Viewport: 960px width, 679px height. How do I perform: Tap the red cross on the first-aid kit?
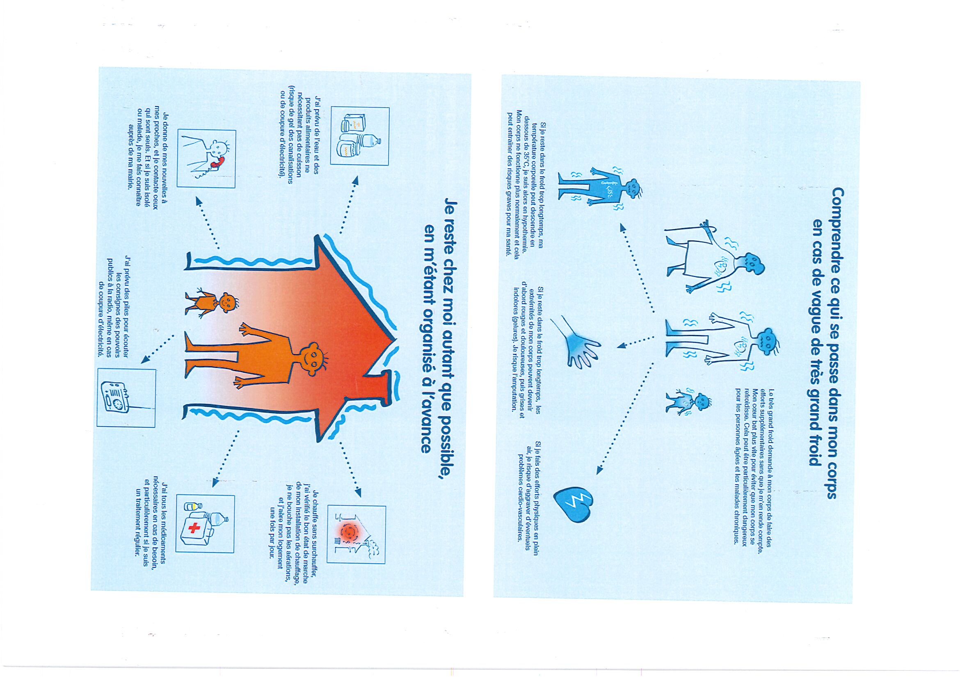tap(194, 528)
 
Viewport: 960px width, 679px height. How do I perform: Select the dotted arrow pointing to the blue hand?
tap(636, 342)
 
